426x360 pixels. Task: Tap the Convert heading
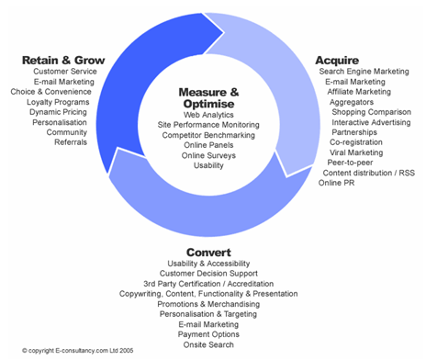208,252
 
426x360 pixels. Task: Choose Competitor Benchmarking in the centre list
208,134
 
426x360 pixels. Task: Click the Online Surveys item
208,155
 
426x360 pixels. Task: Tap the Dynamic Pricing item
60,112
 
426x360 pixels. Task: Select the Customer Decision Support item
208,273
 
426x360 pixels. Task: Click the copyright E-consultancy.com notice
69,352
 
